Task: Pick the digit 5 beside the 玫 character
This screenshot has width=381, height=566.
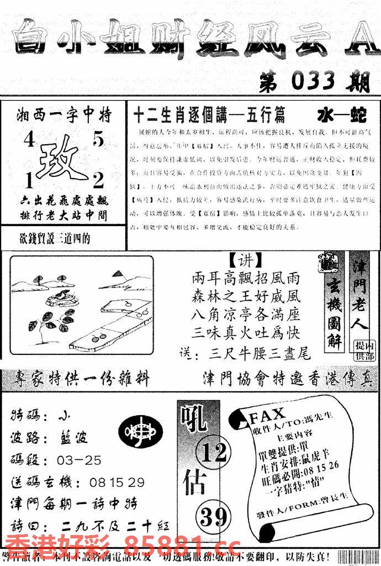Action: point(98,141)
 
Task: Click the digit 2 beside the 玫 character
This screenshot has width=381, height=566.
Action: point(98,180)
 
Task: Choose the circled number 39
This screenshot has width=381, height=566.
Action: point(213,517)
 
